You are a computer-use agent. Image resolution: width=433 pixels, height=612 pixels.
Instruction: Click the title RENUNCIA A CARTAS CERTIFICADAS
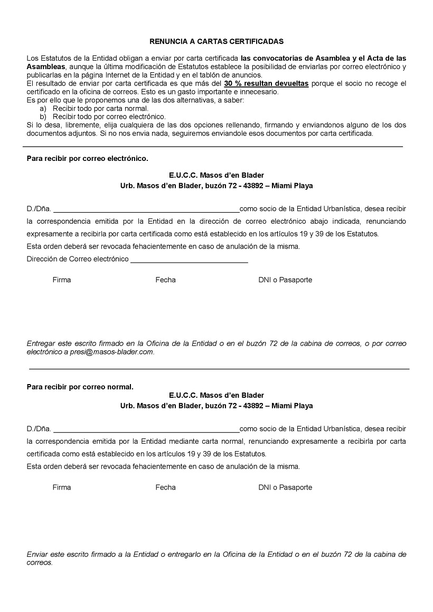pyautogui.click(x=216, y=41)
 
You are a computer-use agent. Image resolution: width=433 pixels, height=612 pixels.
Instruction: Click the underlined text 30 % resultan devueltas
pyautogui.click(x=266, y=84)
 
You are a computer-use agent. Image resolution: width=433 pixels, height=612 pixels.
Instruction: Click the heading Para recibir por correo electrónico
pyautogui.click(x=88, y=158)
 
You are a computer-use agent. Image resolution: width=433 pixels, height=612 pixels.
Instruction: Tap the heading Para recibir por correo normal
pyautogui.click(x=80, y=387)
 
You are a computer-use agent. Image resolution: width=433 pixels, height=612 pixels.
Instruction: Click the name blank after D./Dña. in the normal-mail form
pyautogui.click(x=146, y=428)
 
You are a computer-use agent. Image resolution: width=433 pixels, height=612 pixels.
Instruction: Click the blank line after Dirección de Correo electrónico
pyautogui.click(x=189, y=259)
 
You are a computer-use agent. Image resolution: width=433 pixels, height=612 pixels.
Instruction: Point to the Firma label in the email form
pyautogui.click(x=62, y=280)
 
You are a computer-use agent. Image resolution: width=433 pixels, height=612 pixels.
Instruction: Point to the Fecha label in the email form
pyautogui.click(x=165, y=280)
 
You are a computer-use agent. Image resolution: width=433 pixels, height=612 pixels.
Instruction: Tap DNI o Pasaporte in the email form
pyautogui.click(x=285, y=280)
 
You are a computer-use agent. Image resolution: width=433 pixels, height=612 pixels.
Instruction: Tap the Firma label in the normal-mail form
pyautogui.click(x=62, y=487)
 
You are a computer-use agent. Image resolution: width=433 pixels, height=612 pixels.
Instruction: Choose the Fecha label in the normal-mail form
pyautogui.click(x=165, y=487)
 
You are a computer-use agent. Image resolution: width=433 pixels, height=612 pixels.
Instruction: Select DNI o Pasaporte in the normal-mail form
pyautogui.click(x=285, y=487)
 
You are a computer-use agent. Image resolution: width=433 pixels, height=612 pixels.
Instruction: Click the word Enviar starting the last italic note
pyautogui.click(x=36, y=554)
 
